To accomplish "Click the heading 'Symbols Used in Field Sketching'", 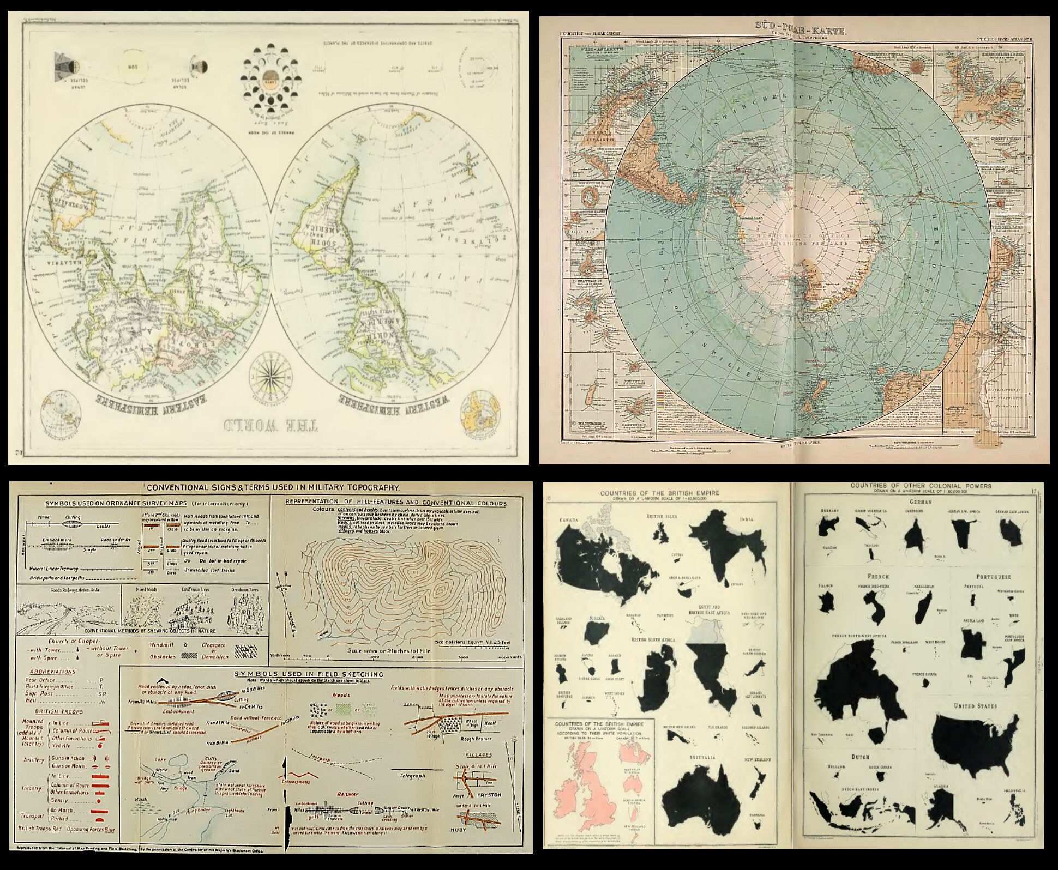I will click(309, 674).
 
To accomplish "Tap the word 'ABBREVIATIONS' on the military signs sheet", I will click(52, 672).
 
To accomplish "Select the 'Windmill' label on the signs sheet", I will click(162, 645).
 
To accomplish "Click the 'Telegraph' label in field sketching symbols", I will click(412, 776).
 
